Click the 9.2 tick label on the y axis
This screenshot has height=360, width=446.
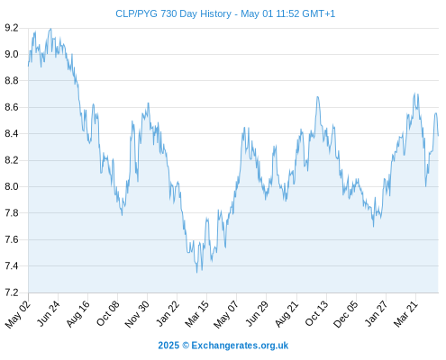pyautogui.click(x=12, y=28)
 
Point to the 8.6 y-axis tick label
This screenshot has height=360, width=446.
pyautogui.click(x=12, y=107)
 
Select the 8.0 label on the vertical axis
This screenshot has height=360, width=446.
pyautogui.click(x=12, y=186)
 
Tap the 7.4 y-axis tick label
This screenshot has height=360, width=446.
pyautogui.click(x=12, y=266)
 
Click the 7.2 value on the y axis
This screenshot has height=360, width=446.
pyautogui.click(x=12, y=292)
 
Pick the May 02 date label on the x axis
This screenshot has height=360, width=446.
pyautogui.click(x=18, y=314)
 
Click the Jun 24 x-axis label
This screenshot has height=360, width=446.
pyautogui.click(x=48, y=313)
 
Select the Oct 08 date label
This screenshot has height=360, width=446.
pyautogui.click(x=107, y=313)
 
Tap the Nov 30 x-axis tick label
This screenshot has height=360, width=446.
pyautogui.click(x=137, y=314)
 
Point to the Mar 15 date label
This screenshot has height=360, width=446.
pyautogui.click(x=196, y=314)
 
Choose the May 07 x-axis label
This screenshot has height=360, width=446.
pyautogui.click(x=226, y=314)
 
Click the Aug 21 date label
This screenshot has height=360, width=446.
pyautogui.click(x=287, y=314)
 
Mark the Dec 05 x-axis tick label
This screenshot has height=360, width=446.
pyautogui.click(x=346, y=314)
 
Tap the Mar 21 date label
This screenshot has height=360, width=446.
pyautogui.click(x=405, y=314)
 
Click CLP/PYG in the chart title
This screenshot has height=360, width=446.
pyautogui.click(x=136, y=13)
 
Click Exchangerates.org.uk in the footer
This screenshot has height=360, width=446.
pyautogui.click(x=240, y=346)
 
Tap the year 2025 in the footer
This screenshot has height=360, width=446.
pyautogui.click(x=168, y=346)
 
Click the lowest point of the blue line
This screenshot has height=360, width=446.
pyautogui.click(x=197, y=273)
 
